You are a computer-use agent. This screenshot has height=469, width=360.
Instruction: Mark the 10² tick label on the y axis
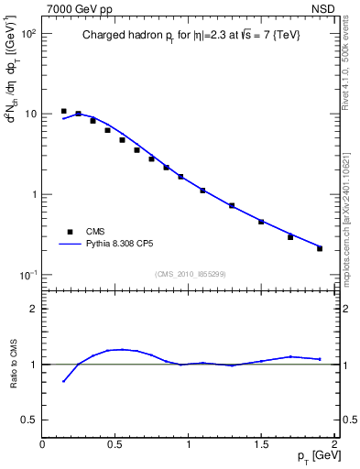[x=27, y=33]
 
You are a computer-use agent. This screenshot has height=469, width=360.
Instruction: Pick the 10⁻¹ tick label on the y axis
[x=27, y=275]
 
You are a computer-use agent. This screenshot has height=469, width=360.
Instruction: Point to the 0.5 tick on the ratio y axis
[x=29, y=420]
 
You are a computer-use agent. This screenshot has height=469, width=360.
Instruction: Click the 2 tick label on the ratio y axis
[x=33, y=309]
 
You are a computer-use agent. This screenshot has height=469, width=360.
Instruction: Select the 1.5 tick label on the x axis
[x=261, y=445]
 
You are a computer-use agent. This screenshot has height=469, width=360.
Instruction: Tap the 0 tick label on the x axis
[x=42, y=445]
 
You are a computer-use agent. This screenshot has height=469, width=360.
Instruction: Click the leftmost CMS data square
[x=63, y=111]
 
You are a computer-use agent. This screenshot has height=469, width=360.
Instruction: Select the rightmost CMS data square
[x=320, y=248]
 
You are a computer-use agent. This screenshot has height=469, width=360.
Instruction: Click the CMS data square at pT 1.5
[x=261, y=222]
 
